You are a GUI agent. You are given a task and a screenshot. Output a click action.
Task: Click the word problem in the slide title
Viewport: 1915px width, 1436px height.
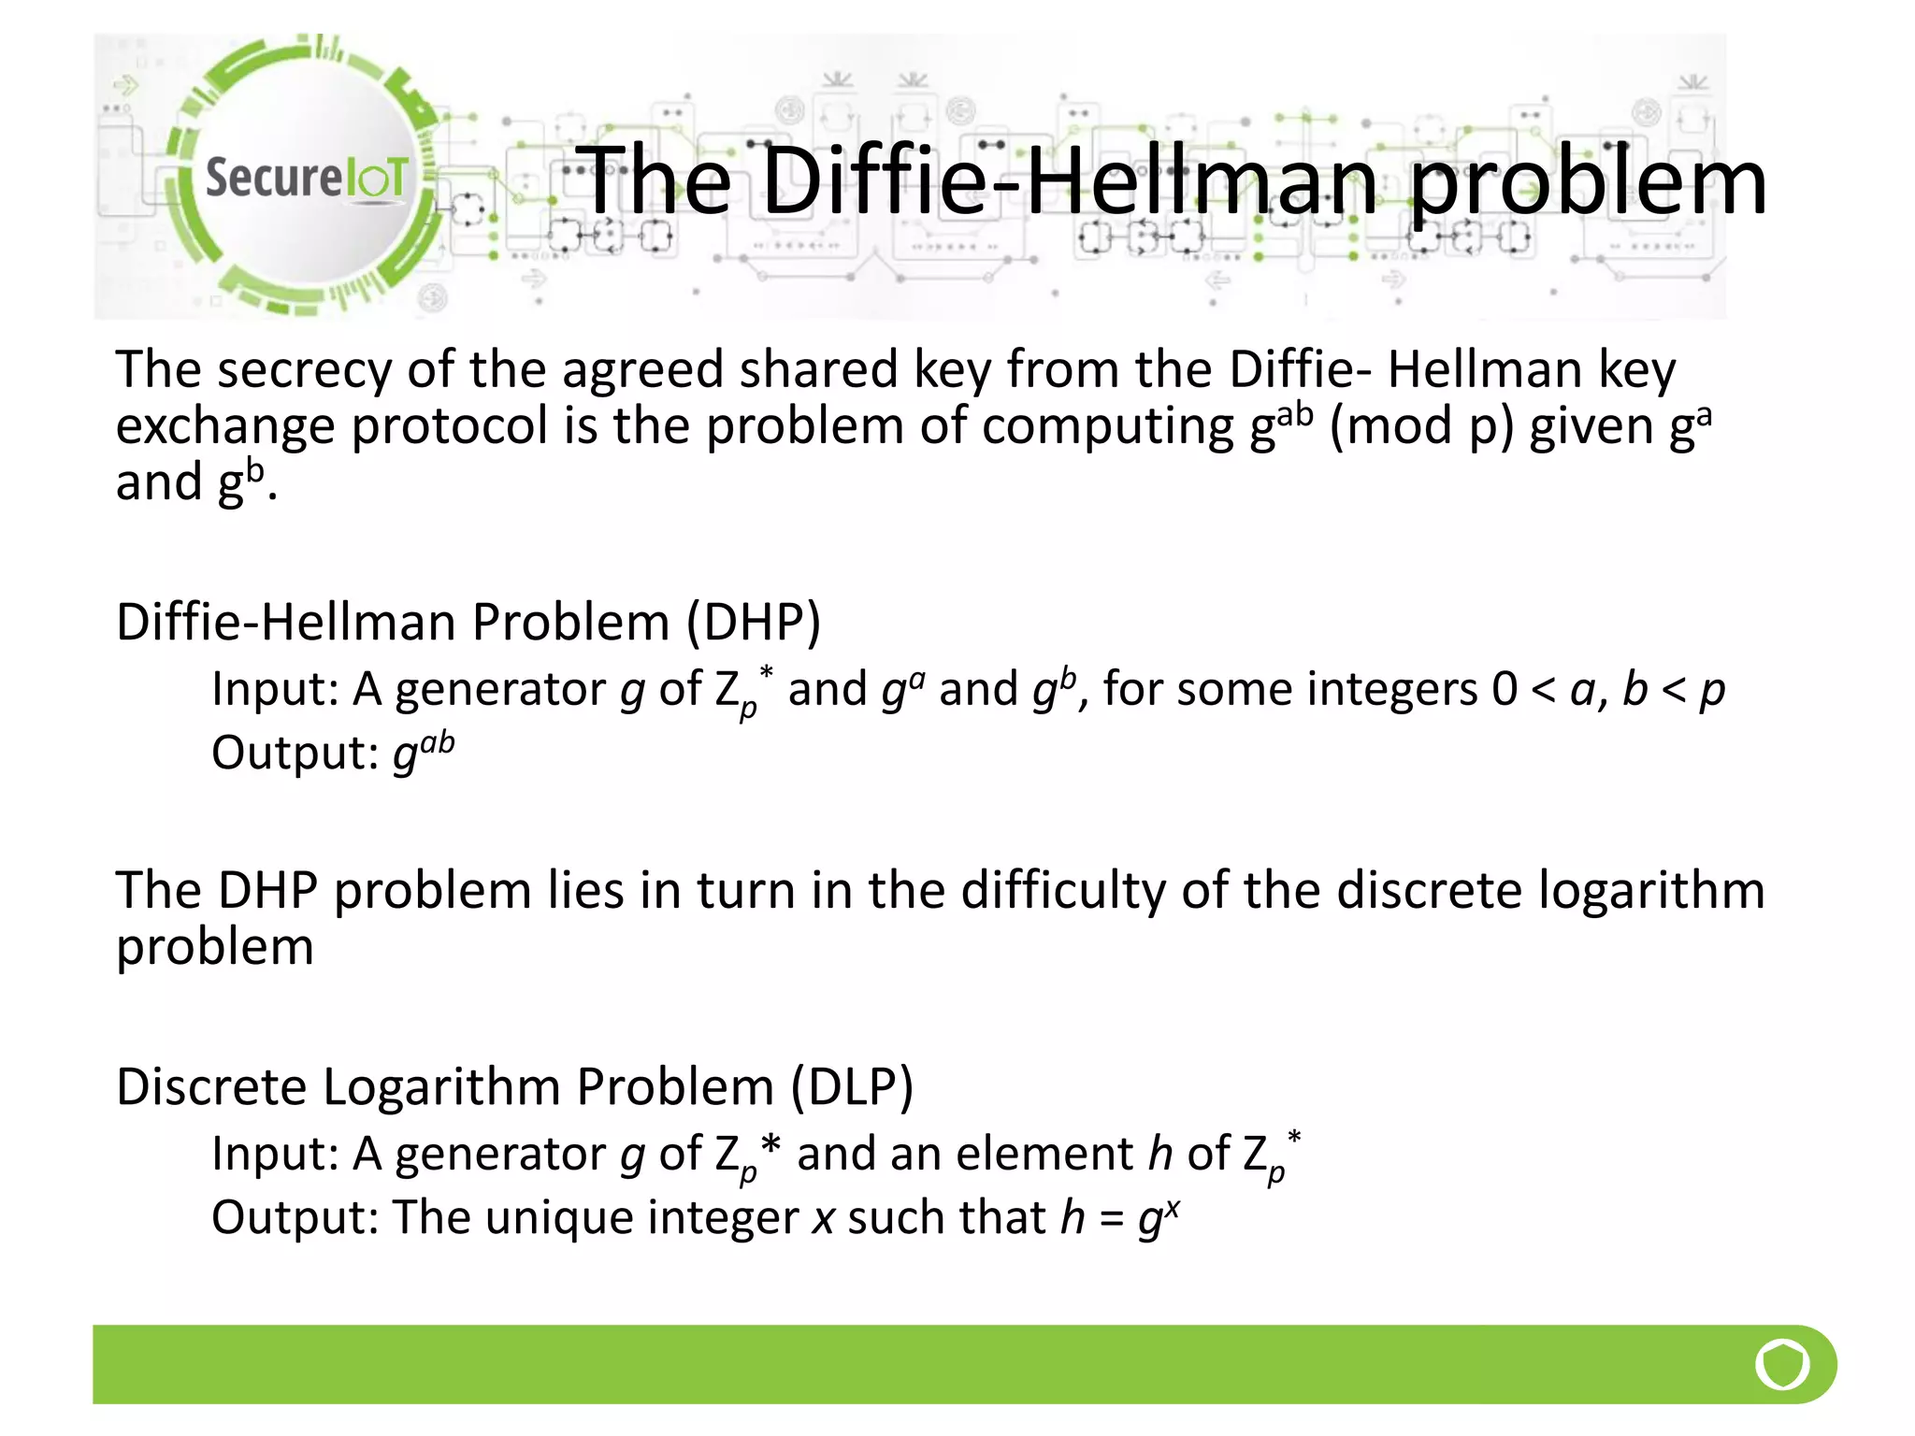click(x=1587, y=182)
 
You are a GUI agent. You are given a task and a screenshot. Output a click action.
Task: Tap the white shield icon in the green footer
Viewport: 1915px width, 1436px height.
click(x=1782, y=1365)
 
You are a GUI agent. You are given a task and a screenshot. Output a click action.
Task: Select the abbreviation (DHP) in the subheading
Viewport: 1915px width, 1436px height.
click(x=754, y=622)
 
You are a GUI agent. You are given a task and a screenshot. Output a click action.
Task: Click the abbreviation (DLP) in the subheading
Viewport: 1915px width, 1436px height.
click(x=851, y=1086)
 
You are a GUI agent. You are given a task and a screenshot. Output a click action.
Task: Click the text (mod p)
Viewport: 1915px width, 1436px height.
click(x=1420, y=426)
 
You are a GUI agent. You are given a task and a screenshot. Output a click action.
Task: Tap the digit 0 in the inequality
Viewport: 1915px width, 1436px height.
click(x=1505, y=689)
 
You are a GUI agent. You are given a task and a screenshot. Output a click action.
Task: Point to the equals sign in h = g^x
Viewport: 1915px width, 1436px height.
click(x=1111, y=1218)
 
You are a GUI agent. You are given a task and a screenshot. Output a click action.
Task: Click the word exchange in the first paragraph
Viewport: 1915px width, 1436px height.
click(x=224, y=426)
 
